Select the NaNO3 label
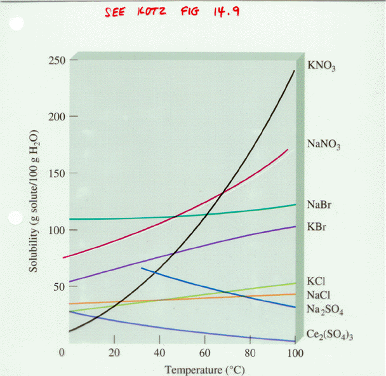[324, 145]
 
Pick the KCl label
[316, 281]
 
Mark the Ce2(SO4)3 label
[329, 335]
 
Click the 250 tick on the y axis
[56, 60]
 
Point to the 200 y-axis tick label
[56, 117]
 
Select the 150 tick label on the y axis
[56, 173]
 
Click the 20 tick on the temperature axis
[115, 353]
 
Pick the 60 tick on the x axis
[204, 353]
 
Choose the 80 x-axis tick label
[250, 353]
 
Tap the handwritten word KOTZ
[150, 12]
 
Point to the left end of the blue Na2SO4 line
[142, 268]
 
